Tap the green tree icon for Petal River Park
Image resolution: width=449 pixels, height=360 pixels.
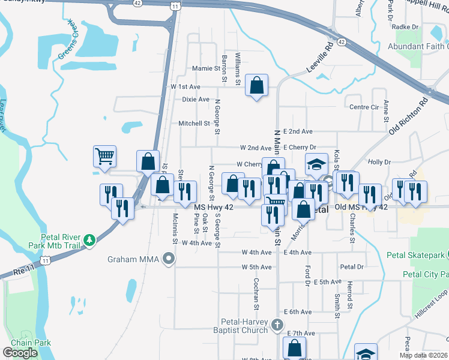pyautogui.click(x=89, y=240)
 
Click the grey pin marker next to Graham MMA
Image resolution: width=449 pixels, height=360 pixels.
pyautogui.click(x=169, y=259)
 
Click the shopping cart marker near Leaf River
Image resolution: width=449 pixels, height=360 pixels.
pyautogui.click(x=104, y=157)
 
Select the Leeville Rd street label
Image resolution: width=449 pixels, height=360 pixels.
pyautogui.click(x=320, y=58)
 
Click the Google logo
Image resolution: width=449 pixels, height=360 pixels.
pyautogui.click(x=20, y=353)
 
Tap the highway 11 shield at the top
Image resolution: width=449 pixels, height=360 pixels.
pyautogui.click(x=175, y=6)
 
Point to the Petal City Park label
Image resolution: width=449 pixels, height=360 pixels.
pyautogui.click(x=426, y=274)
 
